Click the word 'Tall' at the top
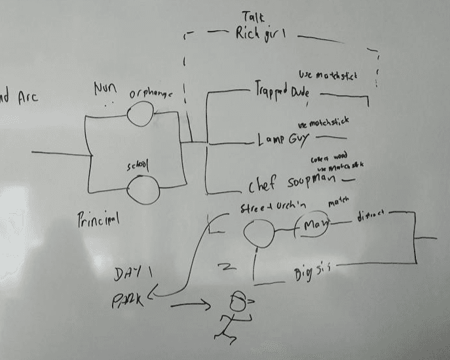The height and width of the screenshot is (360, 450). [254, 16]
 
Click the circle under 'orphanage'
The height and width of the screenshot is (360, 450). [140, 115]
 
